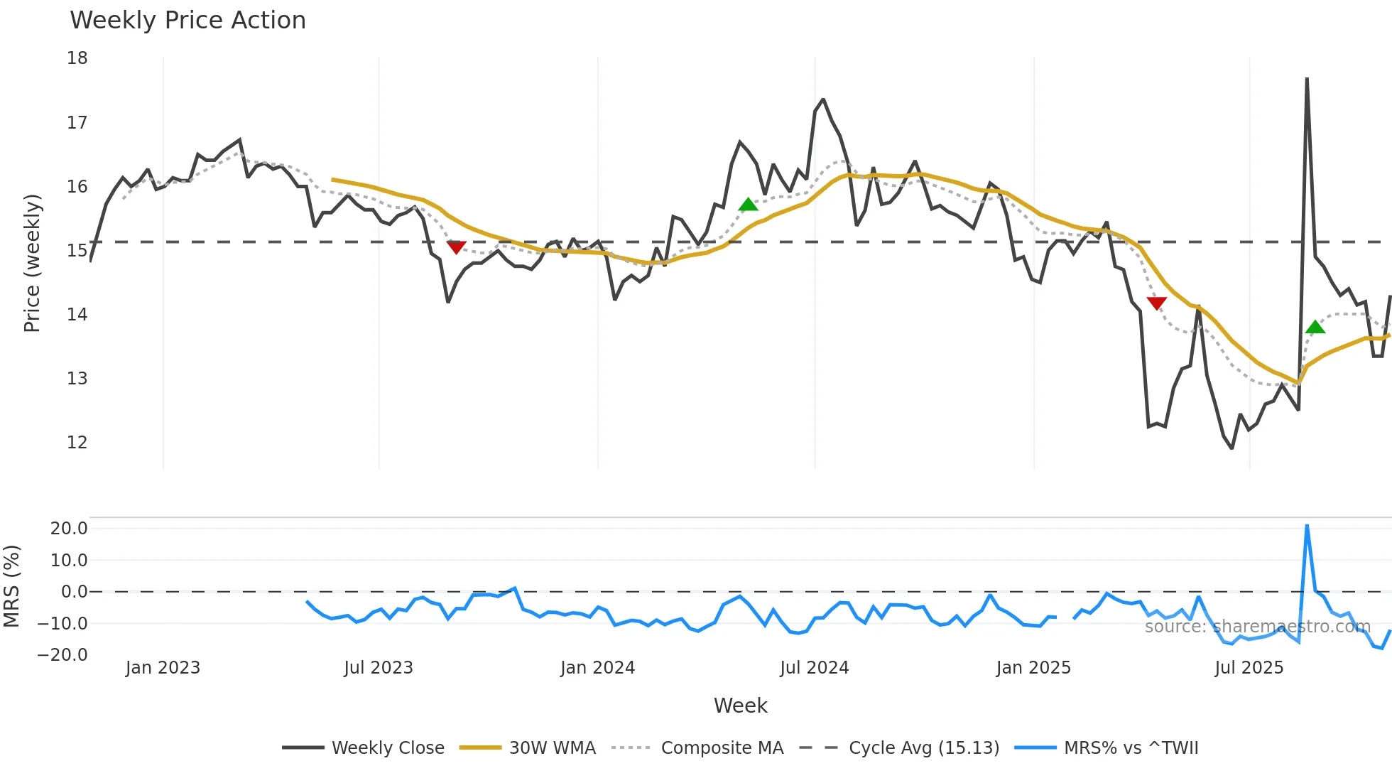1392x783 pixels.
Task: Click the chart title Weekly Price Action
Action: (187, 21)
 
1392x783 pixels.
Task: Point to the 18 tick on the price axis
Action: (77, 58)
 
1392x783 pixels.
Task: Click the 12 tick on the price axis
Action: (77, 442)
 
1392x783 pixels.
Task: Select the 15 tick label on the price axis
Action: (77, 250)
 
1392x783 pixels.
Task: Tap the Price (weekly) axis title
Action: (32, 263)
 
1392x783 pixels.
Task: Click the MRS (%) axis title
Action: (12, 586)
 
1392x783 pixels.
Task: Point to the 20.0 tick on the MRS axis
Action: (69, 528)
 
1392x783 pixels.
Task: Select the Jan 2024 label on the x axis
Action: (597, 668)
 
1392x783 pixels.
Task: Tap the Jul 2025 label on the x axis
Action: (1249, 668)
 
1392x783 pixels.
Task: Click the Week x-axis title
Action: (740, 706)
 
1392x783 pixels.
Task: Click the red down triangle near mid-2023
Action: (456, 247)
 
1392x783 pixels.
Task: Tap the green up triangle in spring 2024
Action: (749, 205)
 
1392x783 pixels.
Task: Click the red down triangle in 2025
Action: (1157, 303)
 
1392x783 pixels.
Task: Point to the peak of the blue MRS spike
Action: (1307, 526)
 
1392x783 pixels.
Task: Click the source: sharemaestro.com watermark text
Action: (1257, 627)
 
